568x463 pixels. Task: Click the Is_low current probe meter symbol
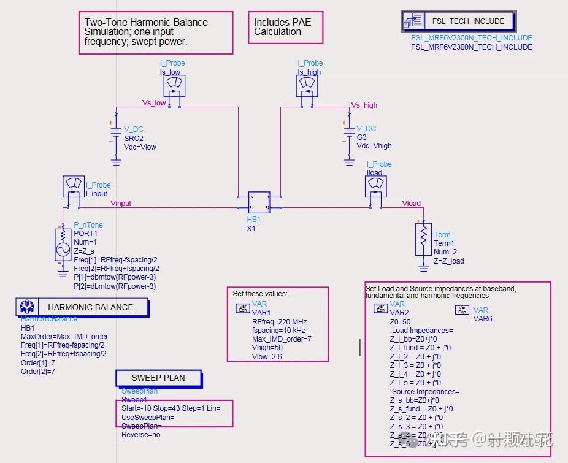pyautogui.click(x=174, y=85)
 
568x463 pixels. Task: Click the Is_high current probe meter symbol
pyautogui.click(x=308, y=85)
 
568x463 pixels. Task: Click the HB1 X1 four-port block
pyautogui.click(x=259, y=203)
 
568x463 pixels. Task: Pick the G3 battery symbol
pyautogui.click(x=348, y=134)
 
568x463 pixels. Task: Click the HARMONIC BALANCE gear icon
pyautogui.click(x=26, y=307)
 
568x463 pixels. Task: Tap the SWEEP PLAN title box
pyautogui.click(x=158, y=378)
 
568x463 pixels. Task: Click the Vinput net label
pyautogui.click(x=121, y=203)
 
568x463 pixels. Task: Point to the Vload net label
pyautogui.click(x=412, y=203)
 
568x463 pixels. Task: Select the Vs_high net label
pyautogui.click(x=364, y=105)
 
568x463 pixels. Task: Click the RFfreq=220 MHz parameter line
pyautogui.click(x=279, y=321)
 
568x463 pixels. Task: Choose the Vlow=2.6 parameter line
pyautogui.click(x=267, y=356)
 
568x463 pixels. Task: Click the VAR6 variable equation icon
pyautogui.click(x=462, y=310)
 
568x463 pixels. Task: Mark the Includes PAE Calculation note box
pyautogui.click(x=285, y=27)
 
